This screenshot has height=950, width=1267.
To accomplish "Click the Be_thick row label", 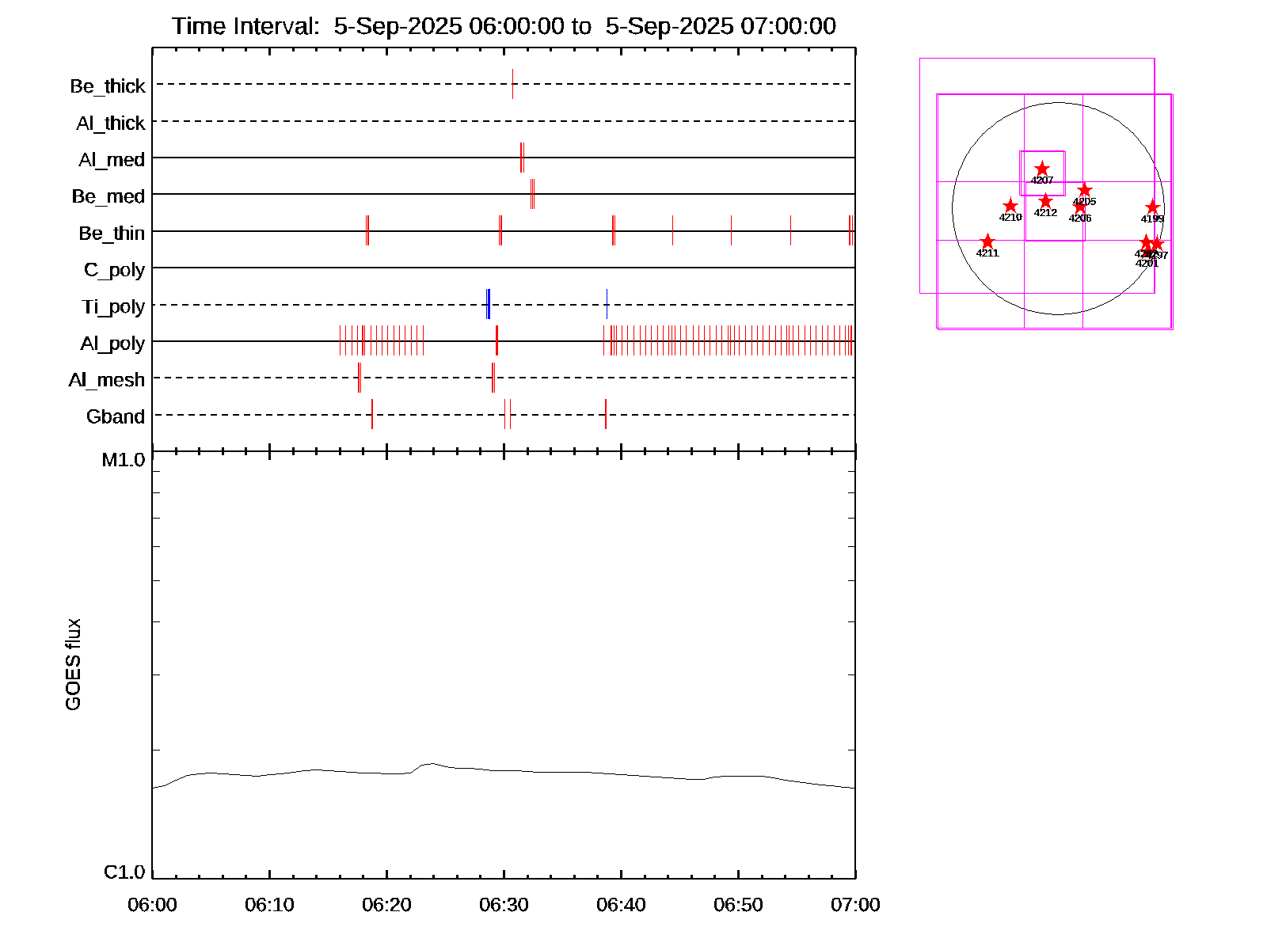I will coord(108,85).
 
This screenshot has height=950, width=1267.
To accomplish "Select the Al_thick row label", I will coord(111,123).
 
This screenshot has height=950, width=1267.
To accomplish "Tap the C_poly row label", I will coord(114,270).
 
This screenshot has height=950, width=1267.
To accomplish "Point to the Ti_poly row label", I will coord(113,306).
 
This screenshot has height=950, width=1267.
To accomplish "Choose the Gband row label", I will coord(116,416).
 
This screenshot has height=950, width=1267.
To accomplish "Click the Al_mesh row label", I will coord(107,380).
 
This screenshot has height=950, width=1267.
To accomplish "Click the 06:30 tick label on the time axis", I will coord(504,904).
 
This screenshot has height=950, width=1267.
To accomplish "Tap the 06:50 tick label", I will coord(738,904).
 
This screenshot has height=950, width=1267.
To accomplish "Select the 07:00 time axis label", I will coord(855,904).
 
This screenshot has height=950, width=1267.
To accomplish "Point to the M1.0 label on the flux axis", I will coord(124,460).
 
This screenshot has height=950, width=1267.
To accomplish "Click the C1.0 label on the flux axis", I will coord(124,872).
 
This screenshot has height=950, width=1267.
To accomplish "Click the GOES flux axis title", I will coord(73,664).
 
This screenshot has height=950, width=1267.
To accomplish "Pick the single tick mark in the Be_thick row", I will coord(512,84).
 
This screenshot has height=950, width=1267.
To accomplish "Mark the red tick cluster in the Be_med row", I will coord(532,194).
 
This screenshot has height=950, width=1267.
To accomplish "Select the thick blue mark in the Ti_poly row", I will coord(488,304).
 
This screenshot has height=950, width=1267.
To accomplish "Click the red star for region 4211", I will coord(987,241).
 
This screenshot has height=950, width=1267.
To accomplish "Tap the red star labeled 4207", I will coord(1042,169).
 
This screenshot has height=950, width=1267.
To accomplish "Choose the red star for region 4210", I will coord(1010,206).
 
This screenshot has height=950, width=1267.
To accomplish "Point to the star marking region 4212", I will coord(1045,200).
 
